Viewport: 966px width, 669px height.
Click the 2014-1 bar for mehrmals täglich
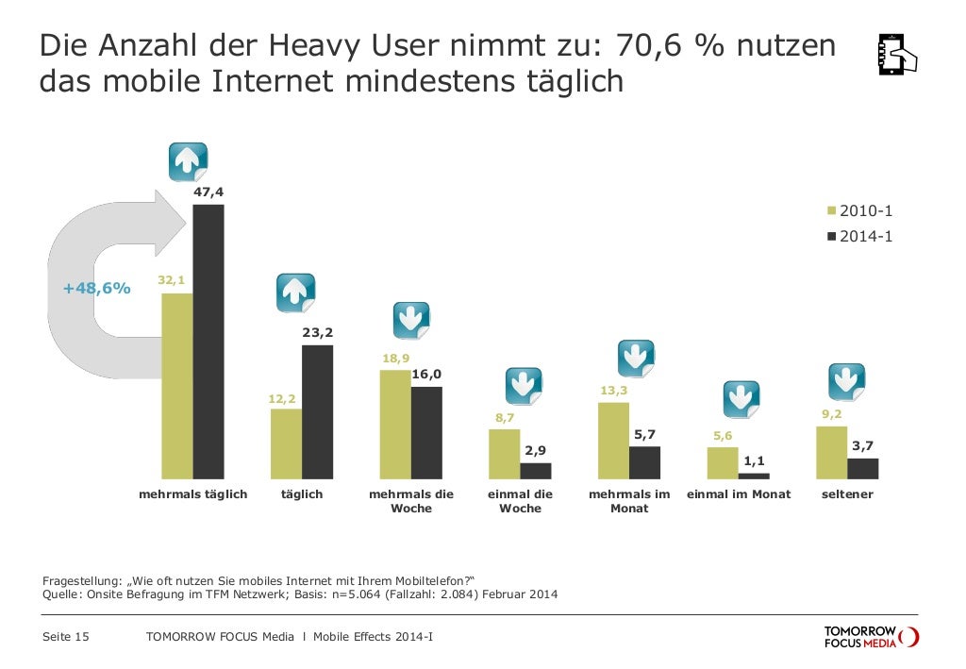point(208,342)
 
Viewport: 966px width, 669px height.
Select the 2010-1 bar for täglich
point(286,443)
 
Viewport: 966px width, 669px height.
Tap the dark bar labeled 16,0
point(426,432)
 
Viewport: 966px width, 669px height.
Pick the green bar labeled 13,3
point(613,441)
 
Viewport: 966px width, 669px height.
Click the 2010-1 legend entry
point(859,210)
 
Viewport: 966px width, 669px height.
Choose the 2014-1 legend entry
point(859,237)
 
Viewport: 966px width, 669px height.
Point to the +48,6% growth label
point(96,288)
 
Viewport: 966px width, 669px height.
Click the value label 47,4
point(208,192)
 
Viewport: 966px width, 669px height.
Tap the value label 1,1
point(754,460)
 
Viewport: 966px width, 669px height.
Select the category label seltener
point(846,494)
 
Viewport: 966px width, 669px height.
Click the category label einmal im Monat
point(739,494)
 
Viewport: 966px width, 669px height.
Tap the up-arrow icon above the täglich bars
point(295,293)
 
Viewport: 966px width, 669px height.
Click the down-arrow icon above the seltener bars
point(846,381)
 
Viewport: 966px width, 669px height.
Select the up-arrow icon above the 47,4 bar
point(188,162)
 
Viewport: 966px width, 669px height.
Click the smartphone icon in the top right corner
point(896,55)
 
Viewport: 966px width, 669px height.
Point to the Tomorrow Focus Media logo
point(870,637)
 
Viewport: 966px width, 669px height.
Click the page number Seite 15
point(66,637)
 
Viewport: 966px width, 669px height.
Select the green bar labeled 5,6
point(723,462)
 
